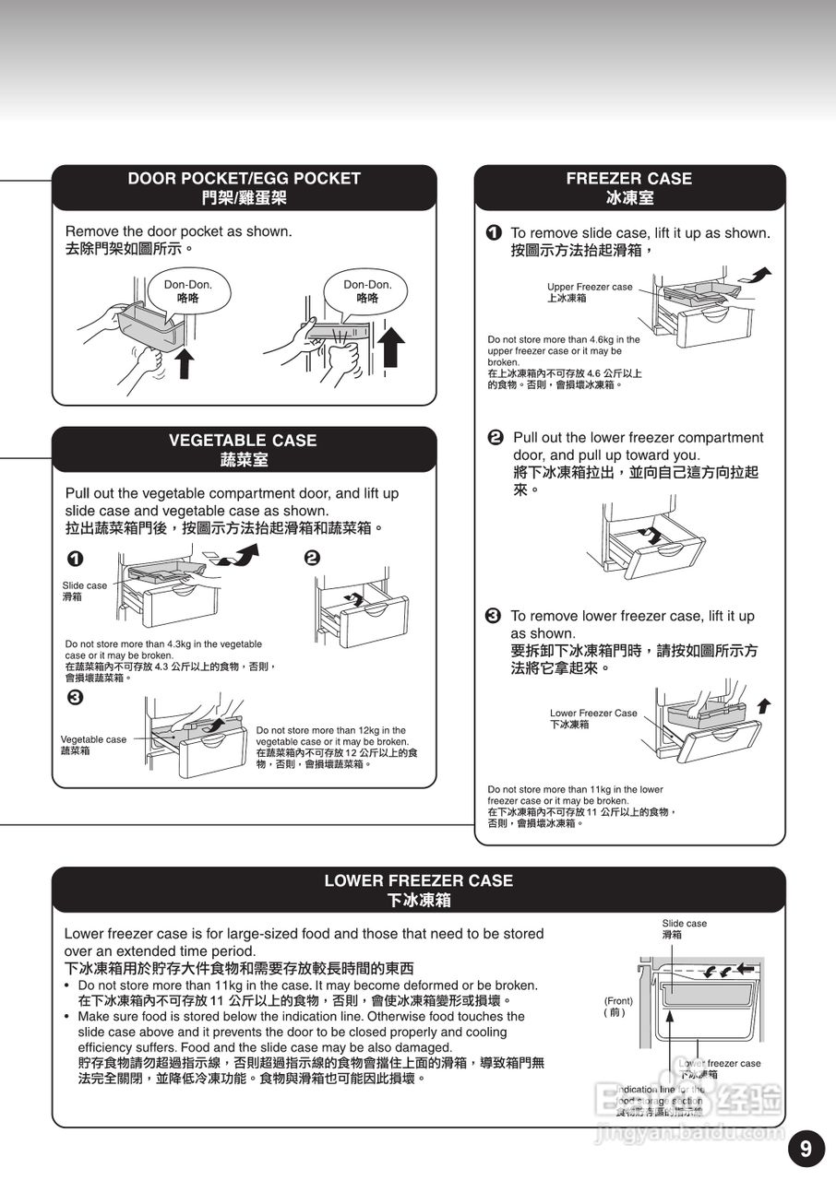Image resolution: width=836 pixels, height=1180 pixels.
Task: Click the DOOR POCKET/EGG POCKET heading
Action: (244, 187)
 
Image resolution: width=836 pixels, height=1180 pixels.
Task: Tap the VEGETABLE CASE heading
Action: (243, 449)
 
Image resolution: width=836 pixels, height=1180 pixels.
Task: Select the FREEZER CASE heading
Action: (629, 187)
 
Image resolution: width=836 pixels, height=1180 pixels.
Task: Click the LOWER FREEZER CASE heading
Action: (418, 890)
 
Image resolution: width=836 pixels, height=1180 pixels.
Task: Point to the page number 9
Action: (806, 1149)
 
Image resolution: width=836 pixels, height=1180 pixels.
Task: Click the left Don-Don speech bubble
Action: (188, 291)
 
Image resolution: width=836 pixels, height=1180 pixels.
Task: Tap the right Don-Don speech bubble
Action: (367, 291)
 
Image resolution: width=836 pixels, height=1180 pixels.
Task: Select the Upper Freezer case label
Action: (590, 292)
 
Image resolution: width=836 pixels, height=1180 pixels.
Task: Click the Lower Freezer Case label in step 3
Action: (593, 718)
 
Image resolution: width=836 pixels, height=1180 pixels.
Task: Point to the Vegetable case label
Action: (93, 745)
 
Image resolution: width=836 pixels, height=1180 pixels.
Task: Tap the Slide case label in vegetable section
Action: (84, 591)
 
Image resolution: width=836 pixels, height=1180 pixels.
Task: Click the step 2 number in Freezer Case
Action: (495, 437)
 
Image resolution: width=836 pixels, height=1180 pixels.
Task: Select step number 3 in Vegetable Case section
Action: (75, 697)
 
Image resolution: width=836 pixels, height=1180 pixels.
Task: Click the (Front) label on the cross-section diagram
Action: (618, 1006)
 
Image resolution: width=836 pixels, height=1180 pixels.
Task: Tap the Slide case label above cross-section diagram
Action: (684, 928)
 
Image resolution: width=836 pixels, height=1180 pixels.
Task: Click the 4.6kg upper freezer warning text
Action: (564, 362)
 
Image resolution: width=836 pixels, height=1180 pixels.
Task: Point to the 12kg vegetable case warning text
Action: (336, 747)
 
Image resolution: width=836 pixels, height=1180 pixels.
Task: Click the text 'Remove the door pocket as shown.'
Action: (178, 231)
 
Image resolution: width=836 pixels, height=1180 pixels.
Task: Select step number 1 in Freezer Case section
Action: (495, 233)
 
